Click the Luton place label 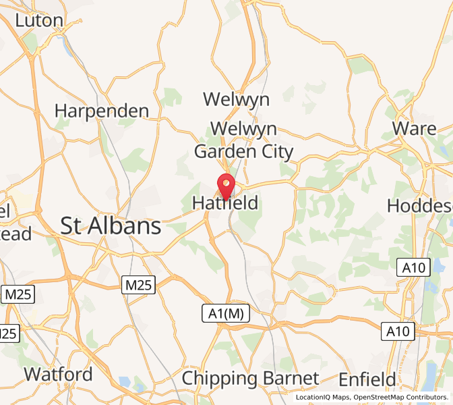(38, 20)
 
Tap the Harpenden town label (102, 110)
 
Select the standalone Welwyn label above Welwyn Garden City (236, 100)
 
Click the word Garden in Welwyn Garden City (225, 151)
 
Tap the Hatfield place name (225, 202)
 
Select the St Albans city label (111, 226)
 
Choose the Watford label (58, 374)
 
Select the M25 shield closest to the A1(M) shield (138, 286)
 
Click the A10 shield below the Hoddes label (412, 267)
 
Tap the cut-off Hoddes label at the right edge (419, 205)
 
